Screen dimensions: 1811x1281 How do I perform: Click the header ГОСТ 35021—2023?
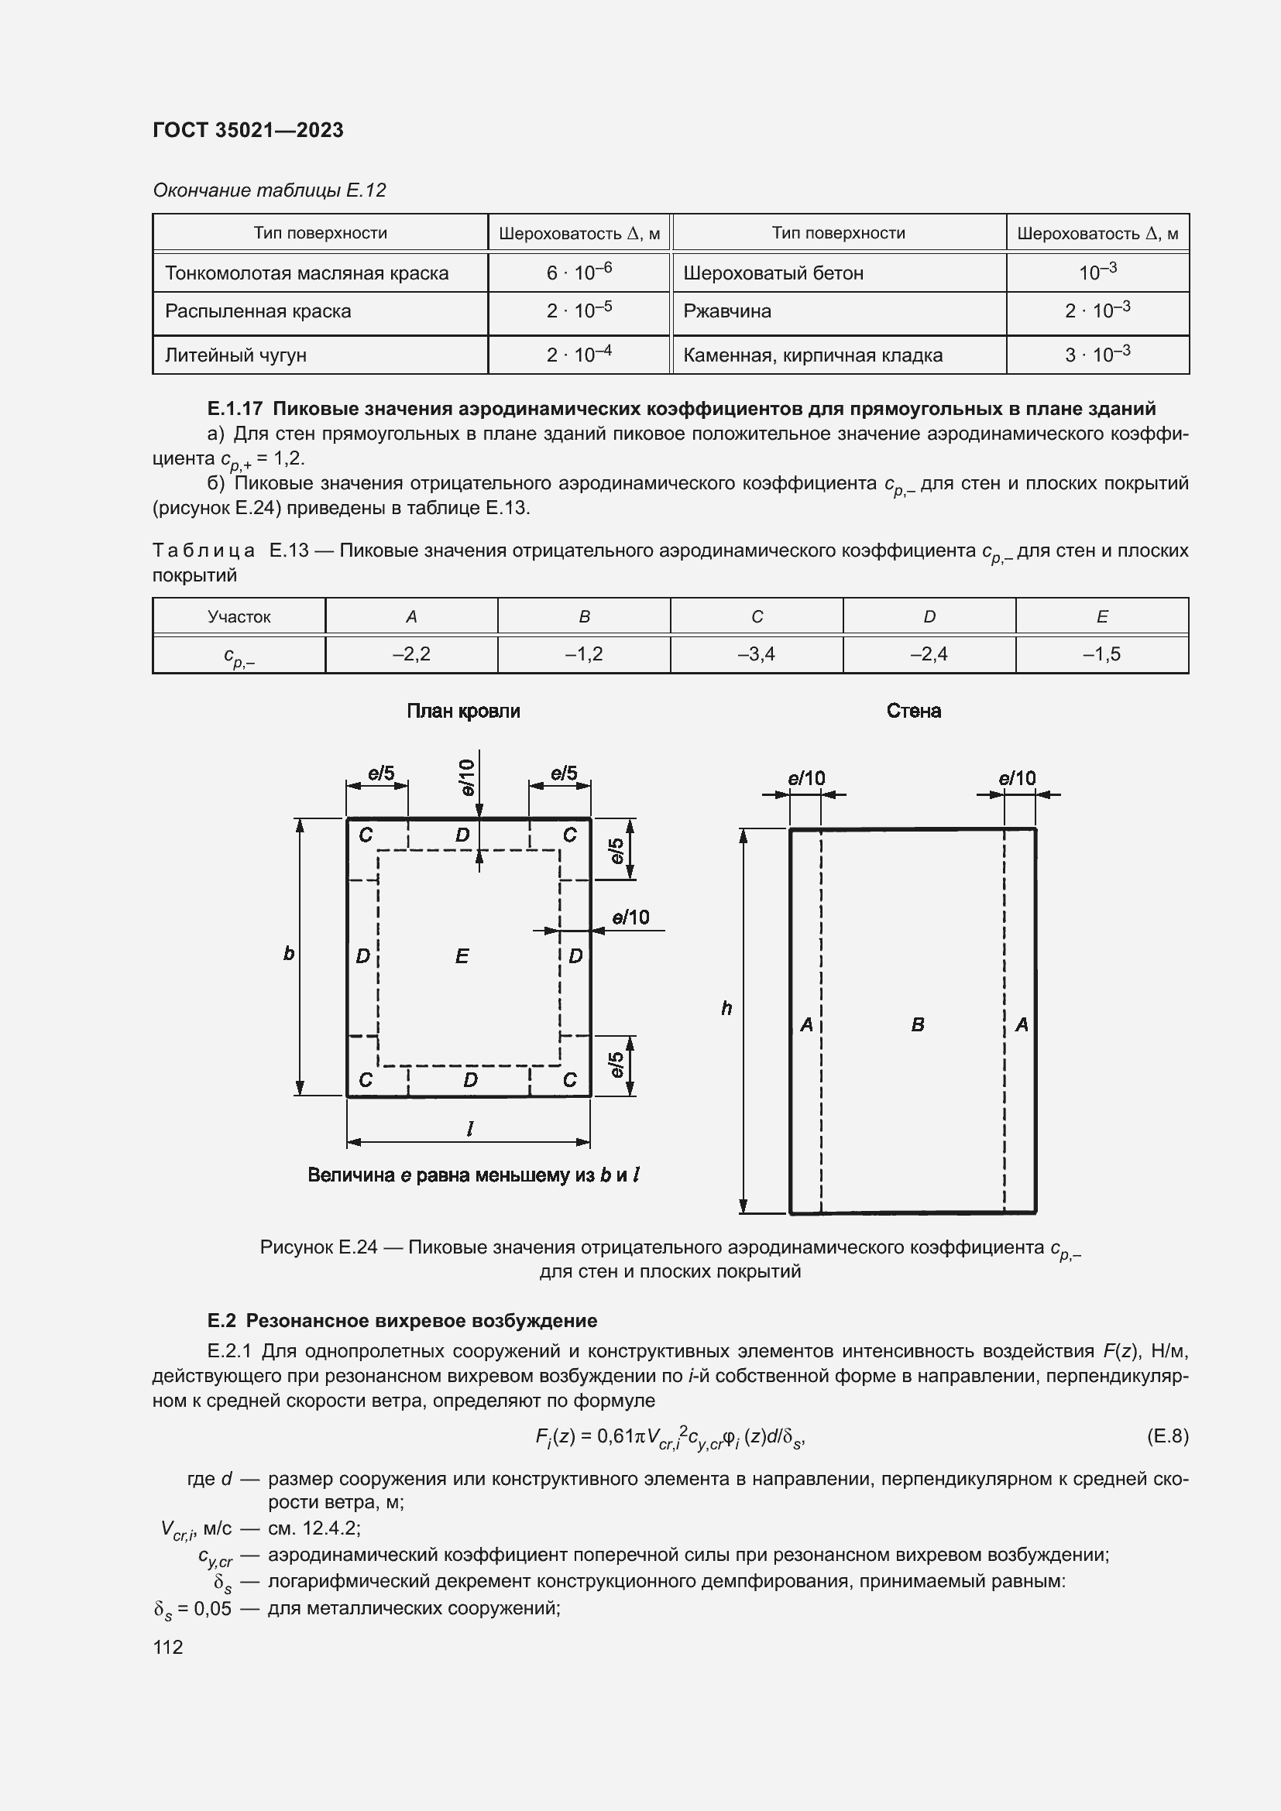pos(248,130)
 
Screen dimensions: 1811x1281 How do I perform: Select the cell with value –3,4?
pos(757,654)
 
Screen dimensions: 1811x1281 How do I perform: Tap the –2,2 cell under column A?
pos(411,654)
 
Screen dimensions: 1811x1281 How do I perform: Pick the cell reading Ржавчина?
pos(727,311)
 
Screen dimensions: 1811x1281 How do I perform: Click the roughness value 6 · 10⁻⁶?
pos(579,272)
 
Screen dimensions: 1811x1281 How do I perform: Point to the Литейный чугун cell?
pos(235,355)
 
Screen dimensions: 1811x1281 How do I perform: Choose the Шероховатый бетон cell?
pos(773,273)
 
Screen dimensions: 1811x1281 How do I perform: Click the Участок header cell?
pos(239,617)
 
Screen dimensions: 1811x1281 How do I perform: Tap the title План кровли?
pos(463,712)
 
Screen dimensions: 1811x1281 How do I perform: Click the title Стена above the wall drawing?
pos(913,712)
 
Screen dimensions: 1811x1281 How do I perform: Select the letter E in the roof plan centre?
pos(462,957)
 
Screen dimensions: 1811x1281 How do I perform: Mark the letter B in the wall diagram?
pos(917,1024)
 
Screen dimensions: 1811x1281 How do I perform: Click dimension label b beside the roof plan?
pos(289,954)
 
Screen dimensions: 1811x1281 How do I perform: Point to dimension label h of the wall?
pos(726,1008)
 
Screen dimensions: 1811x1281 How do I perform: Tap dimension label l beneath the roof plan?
pos(470,1130)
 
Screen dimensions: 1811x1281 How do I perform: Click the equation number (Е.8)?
pos(1167,1435)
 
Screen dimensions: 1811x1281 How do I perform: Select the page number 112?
pos(168,1647)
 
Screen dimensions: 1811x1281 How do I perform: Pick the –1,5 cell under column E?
pos(1101,654)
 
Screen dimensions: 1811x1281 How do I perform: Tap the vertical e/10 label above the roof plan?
pos(467,777)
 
